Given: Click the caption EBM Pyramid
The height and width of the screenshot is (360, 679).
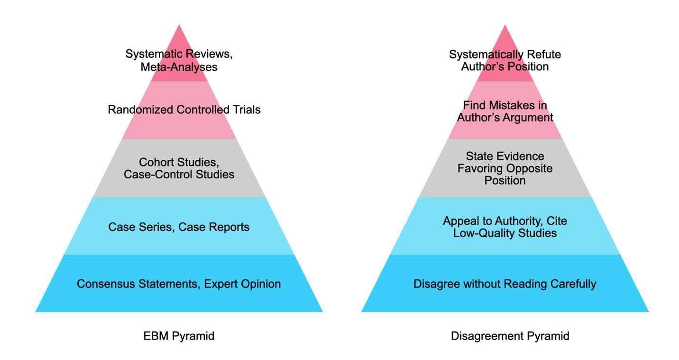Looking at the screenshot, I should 179,336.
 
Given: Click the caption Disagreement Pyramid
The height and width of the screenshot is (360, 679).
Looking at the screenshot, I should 510,336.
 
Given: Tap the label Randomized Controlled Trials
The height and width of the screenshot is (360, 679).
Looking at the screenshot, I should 184,110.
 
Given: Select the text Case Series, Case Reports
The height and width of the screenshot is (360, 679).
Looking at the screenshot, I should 179,227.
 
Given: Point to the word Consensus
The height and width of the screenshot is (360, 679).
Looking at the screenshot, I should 107,284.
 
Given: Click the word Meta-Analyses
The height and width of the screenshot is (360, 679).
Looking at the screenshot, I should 179,67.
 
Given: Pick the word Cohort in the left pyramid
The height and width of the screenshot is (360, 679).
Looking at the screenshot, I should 156,163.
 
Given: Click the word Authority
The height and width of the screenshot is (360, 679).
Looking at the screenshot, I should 519,221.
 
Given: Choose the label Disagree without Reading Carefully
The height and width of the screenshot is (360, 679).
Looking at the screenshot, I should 505,284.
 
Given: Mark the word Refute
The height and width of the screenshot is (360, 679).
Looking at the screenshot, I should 544,55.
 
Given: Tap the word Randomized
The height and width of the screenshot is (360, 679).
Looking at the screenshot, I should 140,110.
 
